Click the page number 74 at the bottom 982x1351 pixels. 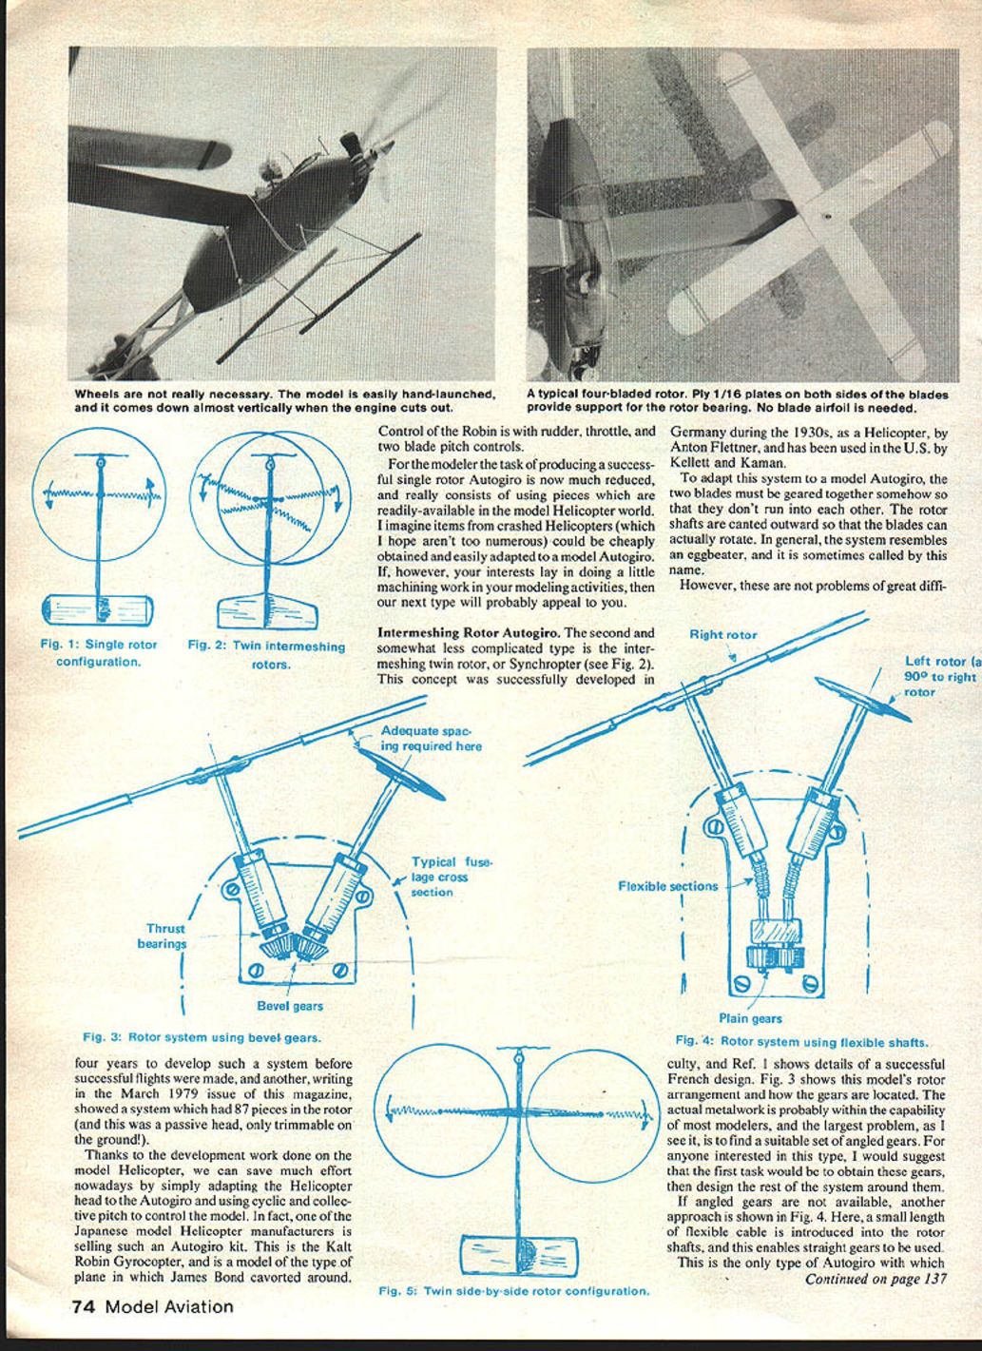pos(84,1306)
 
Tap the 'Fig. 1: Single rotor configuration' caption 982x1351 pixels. pos(99,652)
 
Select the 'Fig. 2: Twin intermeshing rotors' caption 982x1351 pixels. pos(266,655)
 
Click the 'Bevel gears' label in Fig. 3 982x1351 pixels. pos(290,1006)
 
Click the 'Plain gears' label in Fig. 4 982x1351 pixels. pos(751,1018)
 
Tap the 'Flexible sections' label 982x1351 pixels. pos(668,886)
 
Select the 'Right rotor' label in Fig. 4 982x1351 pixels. pos(723,634)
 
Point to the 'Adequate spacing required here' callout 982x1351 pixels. pos(431,739)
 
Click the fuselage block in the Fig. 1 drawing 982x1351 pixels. pos(98,608)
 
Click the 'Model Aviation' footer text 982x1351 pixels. pos(169,1306)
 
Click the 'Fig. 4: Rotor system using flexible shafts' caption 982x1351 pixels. pos(801,1041)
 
